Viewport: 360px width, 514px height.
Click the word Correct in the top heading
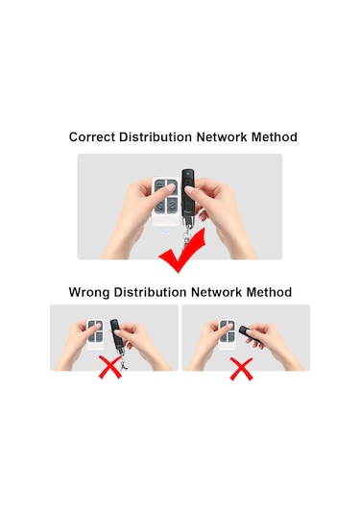coord(92,137)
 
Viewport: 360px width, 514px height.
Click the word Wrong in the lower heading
coord(88,292)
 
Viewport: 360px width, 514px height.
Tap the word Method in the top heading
coord(275,137)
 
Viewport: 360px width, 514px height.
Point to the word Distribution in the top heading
coord(156,137)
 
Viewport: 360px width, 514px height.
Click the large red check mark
coord(182,251)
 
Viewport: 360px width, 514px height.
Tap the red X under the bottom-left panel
coord(110,368)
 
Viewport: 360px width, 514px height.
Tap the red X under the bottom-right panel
coord(241,369)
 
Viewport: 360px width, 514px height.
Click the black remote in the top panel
coord(188,197)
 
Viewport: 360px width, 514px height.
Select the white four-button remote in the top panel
coord(166,202)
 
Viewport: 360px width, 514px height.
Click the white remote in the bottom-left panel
coord(95,333)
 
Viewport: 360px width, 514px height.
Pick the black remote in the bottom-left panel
coord(116,336)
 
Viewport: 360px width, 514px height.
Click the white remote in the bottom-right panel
coord(227,334)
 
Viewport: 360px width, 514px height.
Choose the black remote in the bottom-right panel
coord(249,333)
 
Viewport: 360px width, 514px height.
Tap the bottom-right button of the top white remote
coord(172,207)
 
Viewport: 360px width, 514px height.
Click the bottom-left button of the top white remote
coord(160,207)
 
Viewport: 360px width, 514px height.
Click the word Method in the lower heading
coord(269,292)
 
